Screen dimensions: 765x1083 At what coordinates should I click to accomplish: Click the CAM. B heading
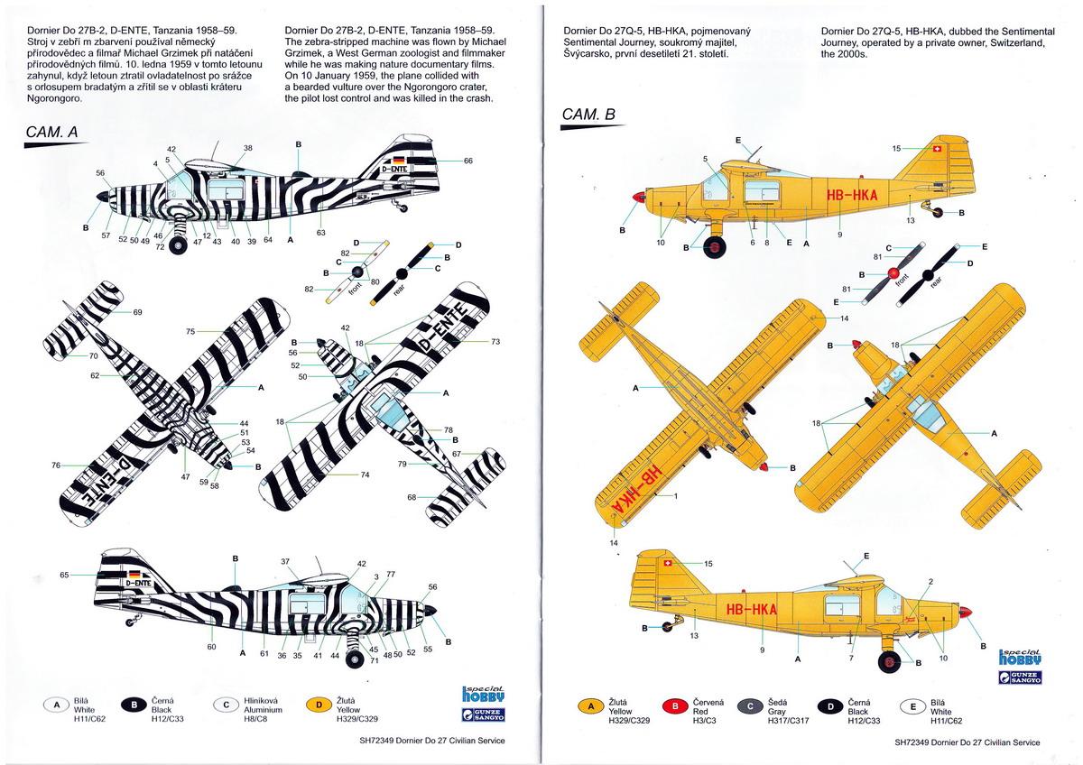point(588,115)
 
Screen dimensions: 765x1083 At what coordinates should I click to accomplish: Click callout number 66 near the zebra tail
point(467,161)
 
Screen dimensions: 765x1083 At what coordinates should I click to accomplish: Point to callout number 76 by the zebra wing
point(56,465)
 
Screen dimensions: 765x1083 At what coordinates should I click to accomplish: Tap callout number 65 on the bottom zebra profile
point(64,575)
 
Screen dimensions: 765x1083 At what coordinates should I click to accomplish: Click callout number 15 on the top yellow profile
point(896,148)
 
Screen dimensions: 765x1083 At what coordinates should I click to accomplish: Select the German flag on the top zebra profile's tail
point(399,160)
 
